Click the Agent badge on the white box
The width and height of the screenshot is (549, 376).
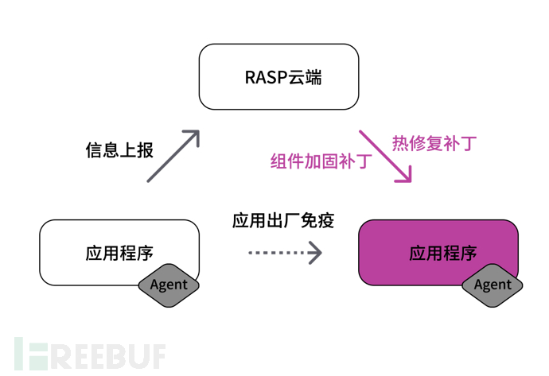pos(169,285)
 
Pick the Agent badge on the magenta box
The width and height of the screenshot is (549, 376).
pos(493,285)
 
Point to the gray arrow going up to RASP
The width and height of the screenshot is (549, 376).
pos(171,157)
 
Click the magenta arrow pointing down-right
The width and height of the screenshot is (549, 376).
pos(384,156)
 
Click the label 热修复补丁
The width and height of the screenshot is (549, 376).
pos(434,144)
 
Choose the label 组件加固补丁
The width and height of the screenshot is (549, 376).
pos(321,161)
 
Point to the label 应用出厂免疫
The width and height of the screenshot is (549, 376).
pos(283,220)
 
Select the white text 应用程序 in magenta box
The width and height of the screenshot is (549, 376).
pos(443,254)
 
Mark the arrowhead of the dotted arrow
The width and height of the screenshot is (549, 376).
pos(316,254)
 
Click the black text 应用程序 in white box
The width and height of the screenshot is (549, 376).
pos(119,254)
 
